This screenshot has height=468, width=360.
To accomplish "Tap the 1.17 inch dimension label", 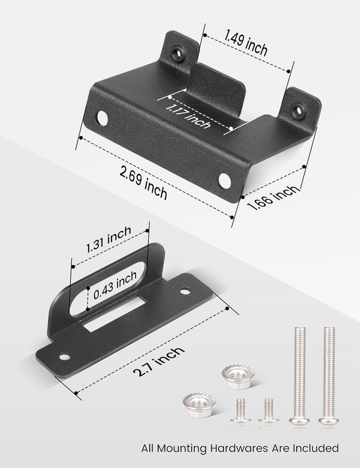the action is (x=187, y=116).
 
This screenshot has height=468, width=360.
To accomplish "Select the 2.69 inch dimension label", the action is (x=143, y=183).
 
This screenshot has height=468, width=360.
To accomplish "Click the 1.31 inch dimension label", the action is (x=109, y=239).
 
